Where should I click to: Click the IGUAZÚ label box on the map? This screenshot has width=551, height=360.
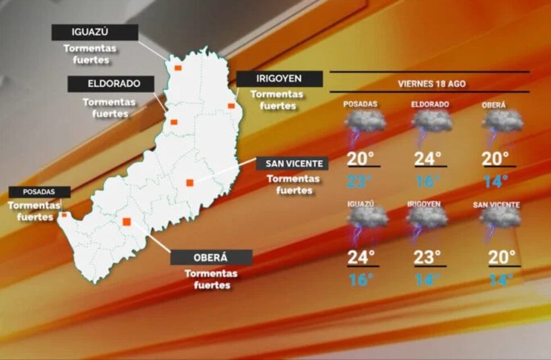94,32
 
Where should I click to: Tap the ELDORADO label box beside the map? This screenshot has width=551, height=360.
111,84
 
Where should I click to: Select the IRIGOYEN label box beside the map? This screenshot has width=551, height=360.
279,79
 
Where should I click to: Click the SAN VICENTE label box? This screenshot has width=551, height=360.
292,164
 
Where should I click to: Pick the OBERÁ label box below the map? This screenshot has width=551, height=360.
211,257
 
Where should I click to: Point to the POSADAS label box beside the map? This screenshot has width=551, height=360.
39,192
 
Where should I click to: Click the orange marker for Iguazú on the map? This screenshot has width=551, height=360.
178,68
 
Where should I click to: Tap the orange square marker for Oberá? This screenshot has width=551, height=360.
127,222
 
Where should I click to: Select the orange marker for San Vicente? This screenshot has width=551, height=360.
189,182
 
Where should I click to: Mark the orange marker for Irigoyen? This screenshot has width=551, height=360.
231,106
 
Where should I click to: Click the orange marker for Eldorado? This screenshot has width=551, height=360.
174,122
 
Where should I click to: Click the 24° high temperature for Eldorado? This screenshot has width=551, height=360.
428,159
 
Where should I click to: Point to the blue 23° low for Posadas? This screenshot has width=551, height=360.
360,181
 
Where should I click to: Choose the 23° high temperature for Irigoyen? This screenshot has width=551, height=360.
427,257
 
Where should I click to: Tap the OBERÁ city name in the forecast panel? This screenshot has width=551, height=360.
494,105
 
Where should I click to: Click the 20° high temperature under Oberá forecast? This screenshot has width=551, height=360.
496,159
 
